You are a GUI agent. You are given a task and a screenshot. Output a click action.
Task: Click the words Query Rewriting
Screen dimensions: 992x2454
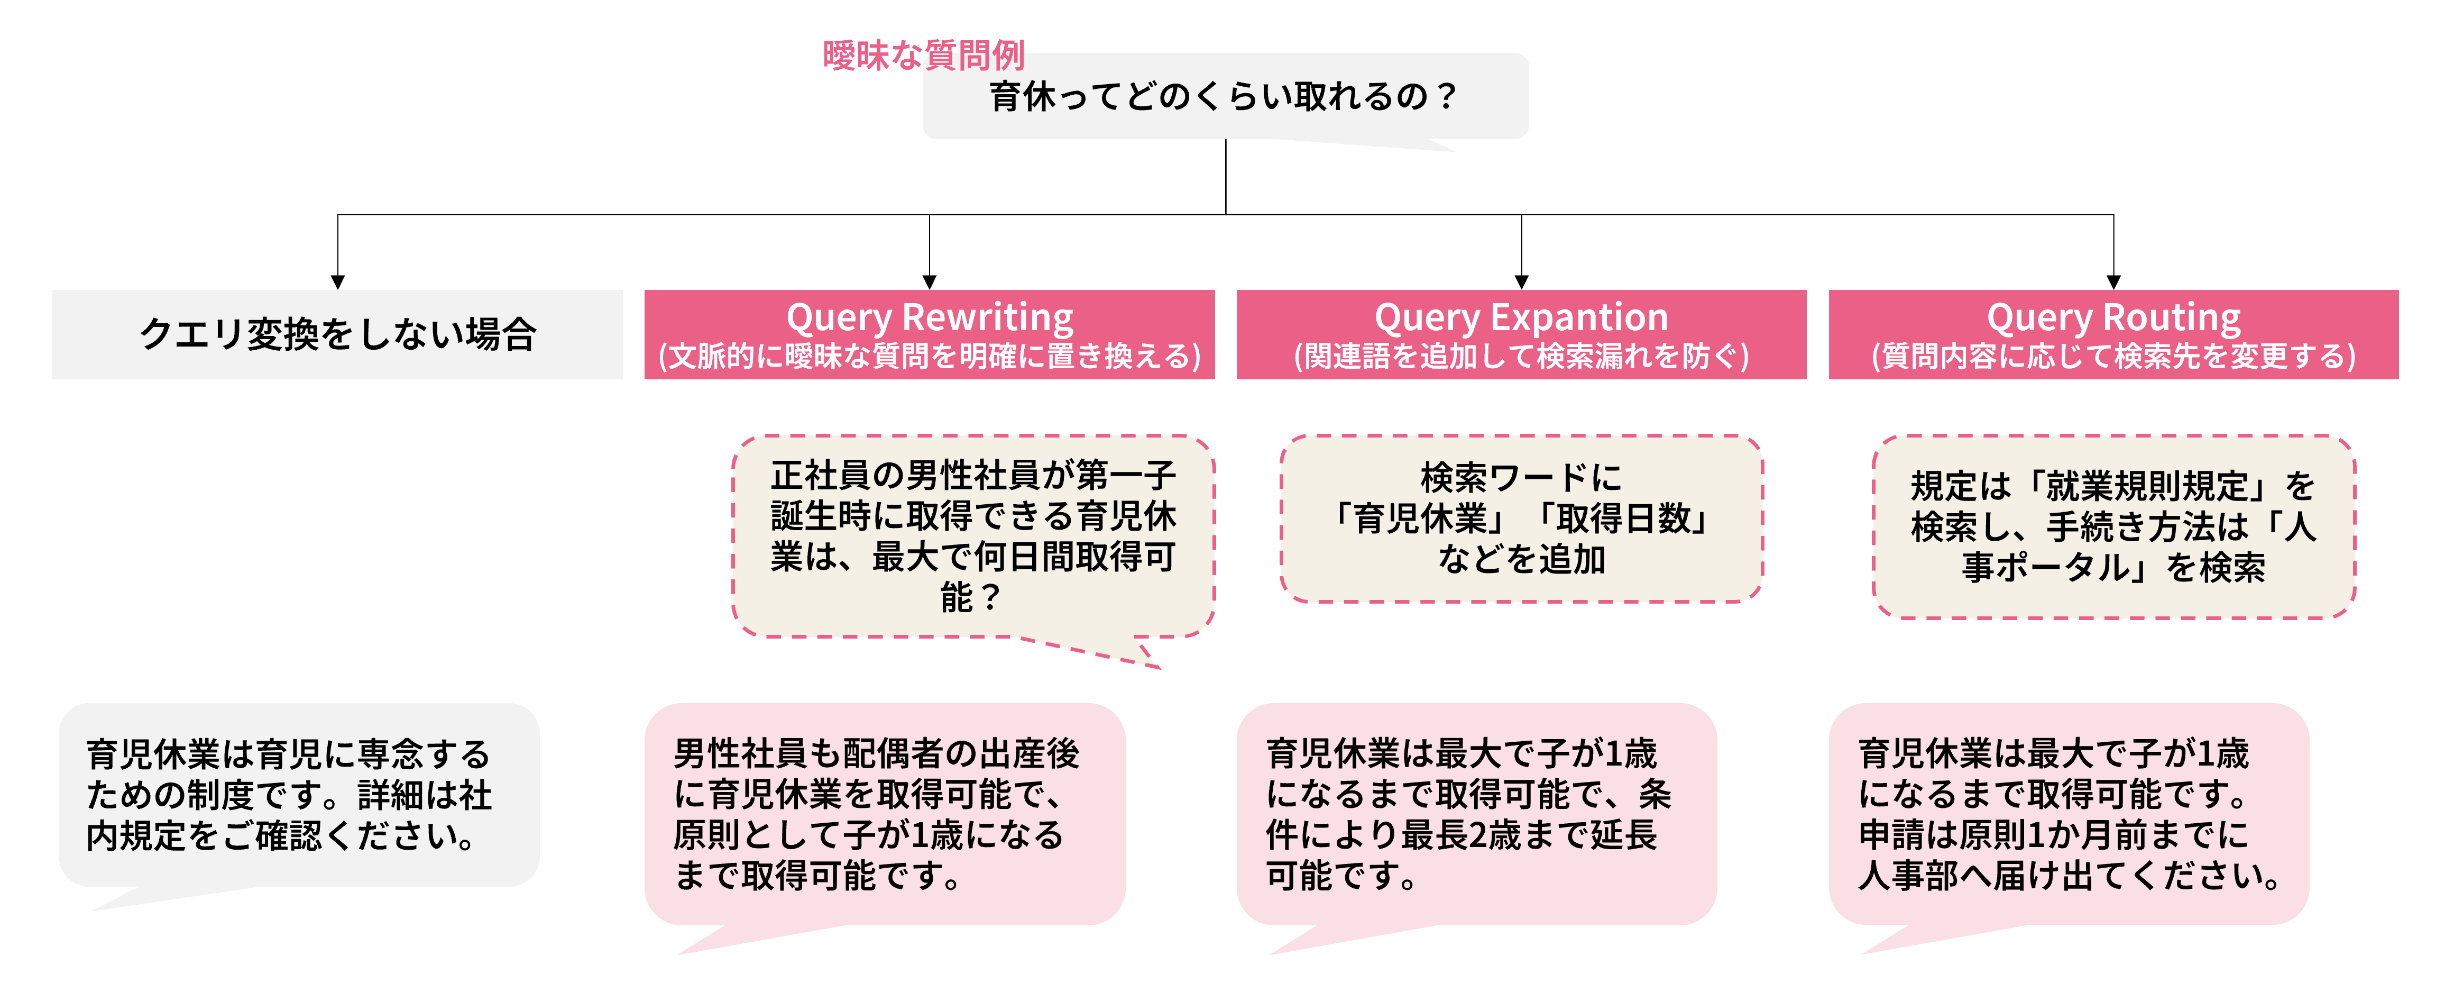click(929, 316)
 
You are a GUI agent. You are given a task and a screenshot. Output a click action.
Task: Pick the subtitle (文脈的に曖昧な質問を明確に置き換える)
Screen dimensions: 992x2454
click(929, 357)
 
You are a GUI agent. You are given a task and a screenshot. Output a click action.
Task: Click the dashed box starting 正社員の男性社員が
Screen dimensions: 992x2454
click(972, 536)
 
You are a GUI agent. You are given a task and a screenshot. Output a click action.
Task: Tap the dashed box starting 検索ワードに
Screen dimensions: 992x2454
click(1521, 518)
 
